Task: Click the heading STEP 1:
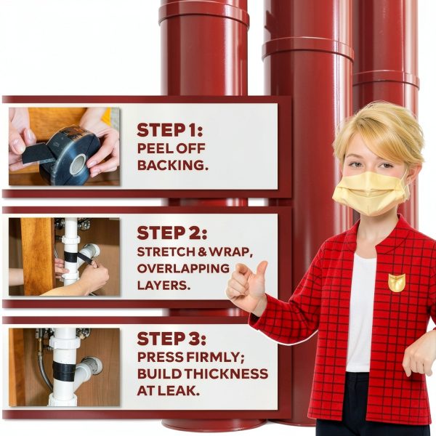(x=169, y=130)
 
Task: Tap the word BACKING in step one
(x=171, y=165)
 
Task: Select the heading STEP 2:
(x=171, y=233)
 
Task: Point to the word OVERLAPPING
(x=183, y=269)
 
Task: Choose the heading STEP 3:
(x=171, y=339)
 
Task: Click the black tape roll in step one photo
(x=68, y=156)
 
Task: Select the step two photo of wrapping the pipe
(x=64, y=257)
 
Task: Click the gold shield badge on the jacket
(x=397, y=283)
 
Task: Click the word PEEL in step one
(x=155, y=148)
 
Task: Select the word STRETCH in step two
(x=166, y=252)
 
